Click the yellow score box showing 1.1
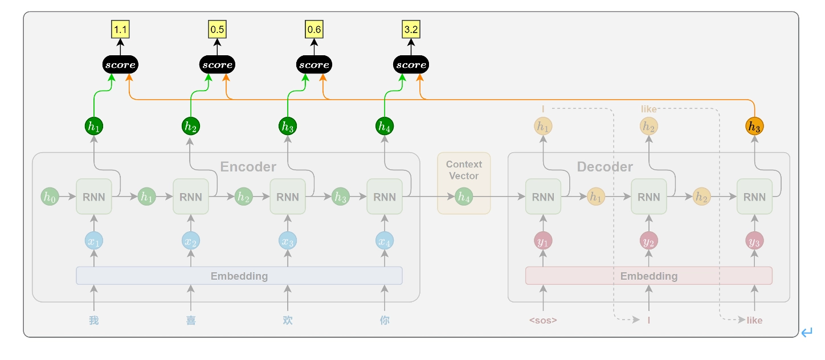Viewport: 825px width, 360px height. [x=120, y=30]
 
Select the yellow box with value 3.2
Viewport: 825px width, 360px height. [x=411, y=30]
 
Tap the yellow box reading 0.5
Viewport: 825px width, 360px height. [x=217, y=30]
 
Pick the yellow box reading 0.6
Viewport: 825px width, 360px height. [x=314, y=30]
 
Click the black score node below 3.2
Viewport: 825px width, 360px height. [x=411, y=65]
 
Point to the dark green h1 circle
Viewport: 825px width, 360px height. [x=94, y=126]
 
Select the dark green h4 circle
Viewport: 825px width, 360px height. [x=385, y=126]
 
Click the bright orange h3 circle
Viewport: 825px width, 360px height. [x=754, y=126]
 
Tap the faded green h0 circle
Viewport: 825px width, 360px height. [x=50, y=197]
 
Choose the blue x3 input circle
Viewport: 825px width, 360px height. [x=288, y=241]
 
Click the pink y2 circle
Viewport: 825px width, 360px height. [x=649, y=241]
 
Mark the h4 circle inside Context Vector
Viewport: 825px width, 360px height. [x=464, y=197]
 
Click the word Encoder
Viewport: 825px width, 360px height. [x=248, y=167]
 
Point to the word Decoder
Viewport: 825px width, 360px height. [x=605, y=167]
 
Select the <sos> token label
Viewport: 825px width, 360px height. [x=543, y=320]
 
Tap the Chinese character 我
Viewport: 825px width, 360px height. [x=94, y=320]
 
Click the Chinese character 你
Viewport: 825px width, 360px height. [x=385, y=320]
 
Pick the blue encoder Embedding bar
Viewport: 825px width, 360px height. [x=239, y=276]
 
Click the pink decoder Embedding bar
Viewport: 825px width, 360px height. [x=649, y=276]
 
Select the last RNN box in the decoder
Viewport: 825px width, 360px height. [x=755, y=197]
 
